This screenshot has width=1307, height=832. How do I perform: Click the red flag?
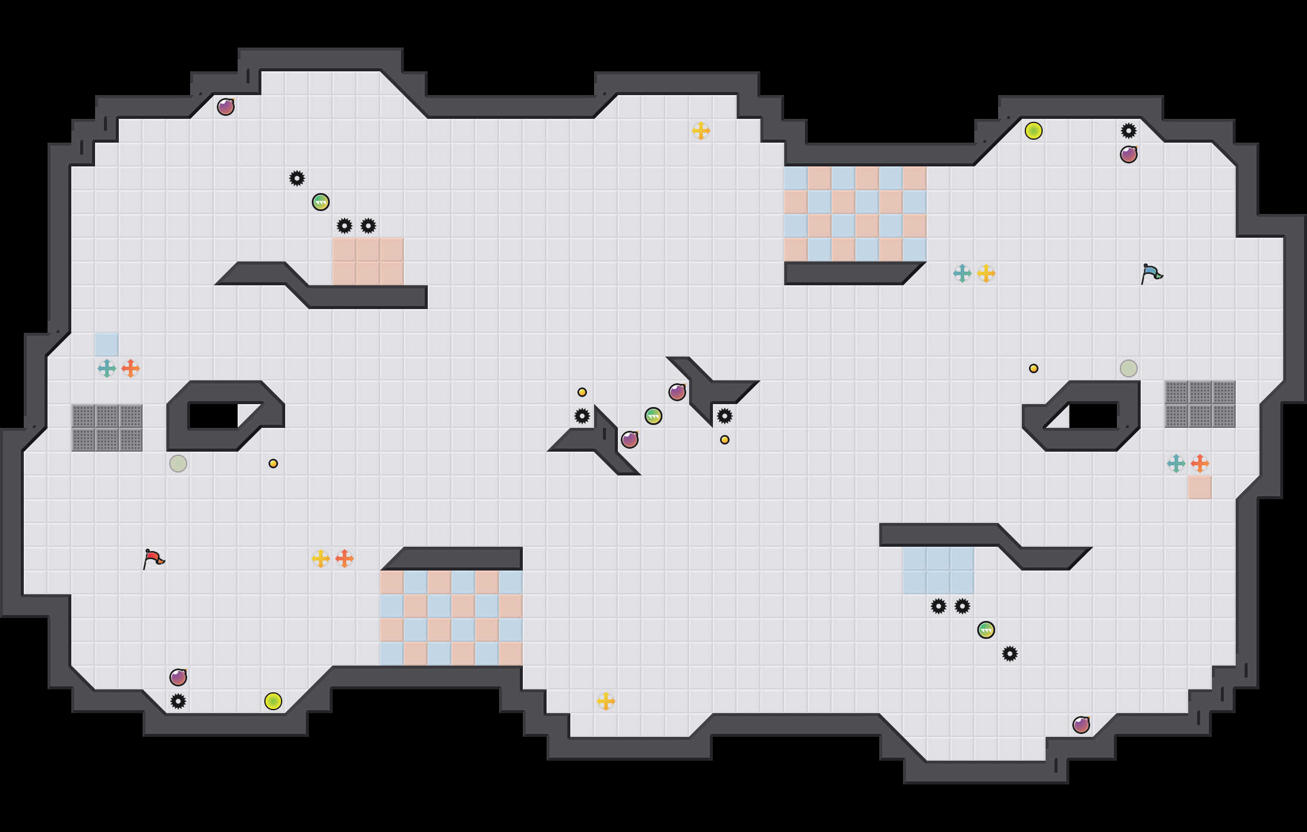pos(153,559)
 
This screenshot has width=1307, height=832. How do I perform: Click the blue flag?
pos(1151,273)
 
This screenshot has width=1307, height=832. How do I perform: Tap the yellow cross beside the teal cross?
pos(986,273)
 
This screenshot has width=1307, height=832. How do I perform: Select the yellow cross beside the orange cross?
pos(321,559)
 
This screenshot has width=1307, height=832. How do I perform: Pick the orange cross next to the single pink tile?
pos(1200,464)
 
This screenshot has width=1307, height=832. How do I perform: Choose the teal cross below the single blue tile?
pos(107,368)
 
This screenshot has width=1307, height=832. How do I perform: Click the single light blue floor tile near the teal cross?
pos(107,345)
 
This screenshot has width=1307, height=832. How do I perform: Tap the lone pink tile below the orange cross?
pos(1200,487)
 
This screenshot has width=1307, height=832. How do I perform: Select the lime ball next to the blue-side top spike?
pos(1034,131)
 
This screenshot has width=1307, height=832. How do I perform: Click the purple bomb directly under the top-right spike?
pos(1129,155)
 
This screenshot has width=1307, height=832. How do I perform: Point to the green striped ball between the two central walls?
pos(653,416)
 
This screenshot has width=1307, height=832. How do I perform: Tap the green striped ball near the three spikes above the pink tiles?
pos(321,202)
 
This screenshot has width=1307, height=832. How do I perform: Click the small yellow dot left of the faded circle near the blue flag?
pos(1034,368)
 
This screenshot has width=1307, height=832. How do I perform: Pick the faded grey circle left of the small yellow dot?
pos(178,464)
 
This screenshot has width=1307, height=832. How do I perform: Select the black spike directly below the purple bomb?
pos(178,701)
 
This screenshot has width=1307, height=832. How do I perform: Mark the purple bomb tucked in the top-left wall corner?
pos(226,107)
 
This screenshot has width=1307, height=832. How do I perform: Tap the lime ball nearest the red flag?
pos(273,701)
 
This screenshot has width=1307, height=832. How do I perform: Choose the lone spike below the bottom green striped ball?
pos(1010,654)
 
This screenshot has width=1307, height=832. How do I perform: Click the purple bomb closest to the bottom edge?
pos(1081,725)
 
